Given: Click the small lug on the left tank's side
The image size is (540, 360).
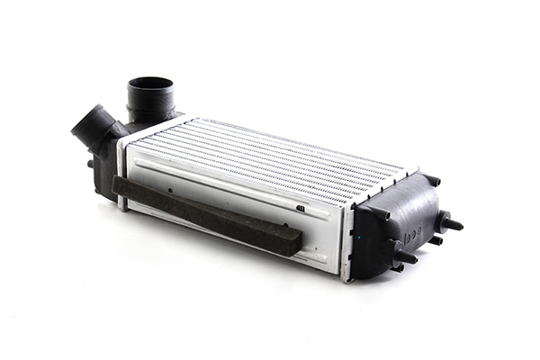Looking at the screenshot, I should [91, 164].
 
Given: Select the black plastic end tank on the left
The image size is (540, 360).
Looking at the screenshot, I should [106, 162].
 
